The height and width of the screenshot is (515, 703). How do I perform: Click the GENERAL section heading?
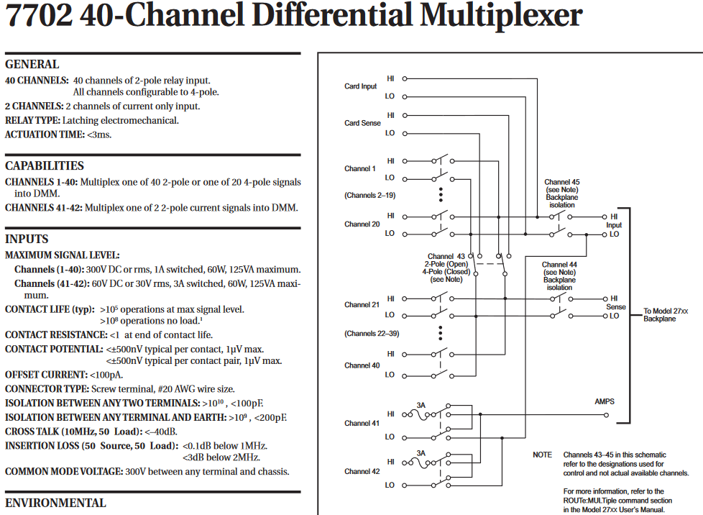tap(32, 64)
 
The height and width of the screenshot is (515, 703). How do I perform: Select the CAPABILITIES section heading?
tap(45, 165)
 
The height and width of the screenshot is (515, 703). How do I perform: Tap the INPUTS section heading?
tap(27, 239)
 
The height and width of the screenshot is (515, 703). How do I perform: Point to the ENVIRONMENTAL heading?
tap(55, 503)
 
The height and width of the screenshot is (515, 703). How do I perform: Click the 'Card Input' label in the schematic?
tap(360, 86)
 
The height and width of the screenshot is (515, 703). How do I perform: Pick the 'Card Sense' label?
tap(362, 123)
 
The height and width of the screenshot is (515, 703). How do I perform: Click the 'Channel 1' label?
tap(359, 169)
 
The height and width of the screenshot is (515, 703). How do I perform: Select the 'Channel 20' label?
tap(362, 224)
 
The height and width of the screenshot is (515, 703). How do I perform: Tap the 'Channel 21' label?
tap(362, 305)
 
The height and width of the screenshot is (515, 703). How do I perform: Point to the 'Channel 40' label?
tap(362, 365)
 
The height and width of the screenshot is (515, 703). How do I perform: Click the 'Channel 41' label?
tap(362, 424)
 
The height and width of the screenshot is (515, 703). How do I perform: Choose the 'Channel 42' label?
tap(362, 472)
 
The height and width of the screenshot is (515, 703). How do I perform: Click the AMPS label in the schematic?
tap(604, 401)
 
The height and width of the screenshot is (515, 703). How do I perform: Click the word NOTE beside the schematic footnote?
tap(542, 455)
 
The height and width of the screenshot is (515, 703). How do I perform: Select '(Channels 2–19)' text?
tap(369, 196)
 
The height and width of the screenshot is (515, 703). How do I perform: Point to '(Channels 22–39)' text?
tap(371, 334)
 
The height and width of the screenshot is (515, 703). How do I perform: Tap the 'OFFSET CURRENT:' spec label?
tap(46, 375)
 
